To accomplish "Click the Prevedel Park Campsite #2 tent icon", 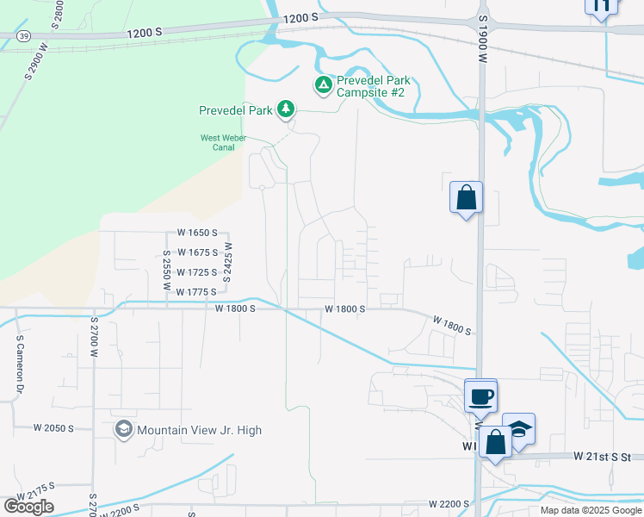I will pos(323,84).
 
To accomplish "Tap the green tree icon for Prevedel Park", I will pos(285,109).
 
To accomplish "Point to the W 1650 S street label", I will pos(203,233).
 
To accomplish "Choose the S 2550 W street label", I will pos(165,270).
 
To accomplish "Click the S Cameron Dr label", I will pos(18,368).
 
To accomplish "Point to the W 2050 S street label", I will pos(53,427).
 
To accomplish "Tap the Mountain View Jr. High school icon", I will pos(124,429).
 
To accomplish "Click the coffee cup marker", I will pos(480,396).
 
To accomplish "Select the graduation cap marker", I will pos(518,429).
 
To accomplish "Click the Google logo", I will pos(29,506).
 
